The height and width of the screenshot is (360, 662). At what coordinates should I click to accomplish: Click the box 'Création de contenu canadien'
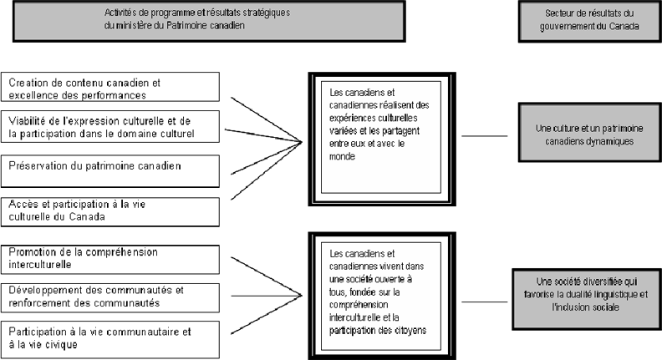110,87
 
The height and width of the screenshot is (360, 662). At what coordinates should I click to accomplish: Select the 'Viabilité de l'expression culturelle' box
110,127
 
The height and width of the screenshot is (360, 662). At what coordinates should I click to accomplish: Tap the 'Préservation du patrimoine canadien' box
110,171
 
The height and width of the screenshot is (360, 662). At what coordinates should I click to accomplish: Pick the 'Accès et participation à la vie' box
110,212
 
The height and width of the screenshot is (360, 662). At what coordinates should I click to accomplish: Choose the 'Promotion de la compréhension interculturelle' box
110,260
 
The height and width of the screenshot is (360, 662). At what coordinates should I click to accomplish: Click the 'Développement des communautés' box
110,298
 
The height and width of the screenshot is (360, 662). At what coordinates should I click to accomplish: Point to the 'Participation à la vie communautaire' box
110,340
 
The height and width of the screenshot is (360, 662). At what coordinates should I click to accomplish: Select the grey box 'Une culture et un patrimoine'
590,132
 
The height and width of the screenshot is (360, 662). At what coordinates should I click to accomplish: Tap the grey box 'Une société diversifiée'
587,299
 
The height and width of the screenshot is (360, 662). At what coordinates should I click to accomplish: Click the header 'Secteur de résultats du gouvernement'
590,21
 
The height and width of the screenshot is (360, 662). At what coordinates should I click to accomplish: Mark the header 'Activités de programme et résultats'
210,21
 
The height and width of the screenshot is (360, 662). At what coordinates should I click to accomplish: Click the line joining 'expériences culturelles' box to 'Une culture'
484,136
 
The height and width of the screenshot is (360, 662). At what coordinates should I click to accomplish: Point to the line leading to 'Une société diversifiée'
484,302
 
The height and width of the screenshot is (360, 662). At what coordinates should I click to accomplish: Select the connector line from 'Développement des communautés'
267,296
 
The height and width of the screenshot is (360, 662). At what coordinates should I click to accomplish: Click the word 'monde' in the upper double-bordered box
342,156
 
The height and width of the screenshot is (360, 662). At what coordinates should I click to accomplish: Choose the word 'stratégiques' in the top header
267,13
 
